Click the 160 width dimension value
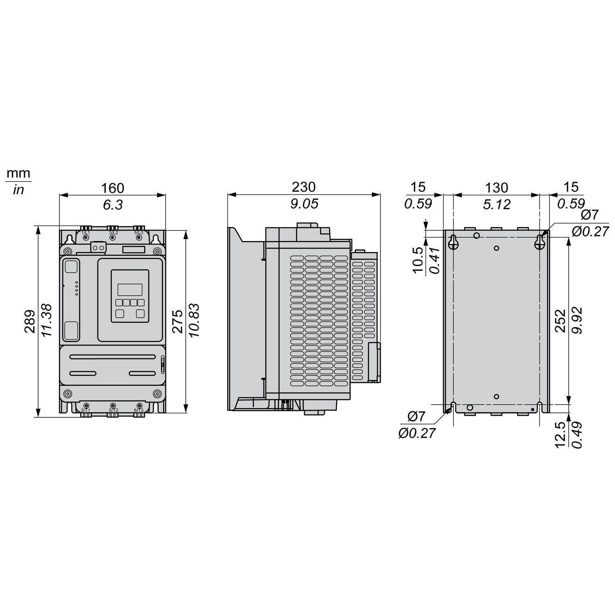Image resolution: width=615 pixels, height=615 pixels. [112, 188]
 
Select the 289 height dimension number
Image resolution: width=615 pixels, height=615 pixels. [29, 321]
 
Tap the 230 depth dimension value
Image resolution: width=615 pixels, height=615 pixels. [304, 187]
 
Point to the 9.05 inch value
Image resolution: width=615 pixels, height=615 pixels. [304, 204]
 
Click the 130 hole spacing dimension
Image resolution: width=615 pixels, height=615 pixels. [497, 188]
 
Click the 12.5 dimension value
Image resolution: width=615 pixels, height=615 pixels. [560, 435]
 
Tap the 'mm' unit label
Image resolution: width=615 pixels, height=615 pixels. [18, 173]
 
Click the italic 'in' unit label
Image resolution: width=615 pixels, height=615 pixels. [18, 190]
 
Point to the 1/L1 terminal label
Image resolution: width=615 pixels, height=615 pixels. [85, 232]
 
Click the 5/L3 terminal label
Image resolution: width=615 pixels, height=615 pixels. [139, 232]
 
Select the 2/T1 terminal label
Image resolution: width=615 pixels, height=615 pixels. [85, 410]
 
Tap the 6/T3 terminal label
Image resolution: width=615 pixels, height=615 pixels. [139, 410]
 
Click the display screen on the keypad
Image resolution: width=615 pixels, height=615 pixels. [130, 289]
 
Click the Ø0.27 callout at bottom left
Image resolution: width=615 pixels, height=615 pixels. [417, 433]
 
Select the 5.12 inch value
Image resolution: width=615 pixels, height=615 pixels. [497, 204]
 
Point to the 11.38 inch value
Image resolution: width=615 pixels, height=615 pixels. [46, 320]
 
